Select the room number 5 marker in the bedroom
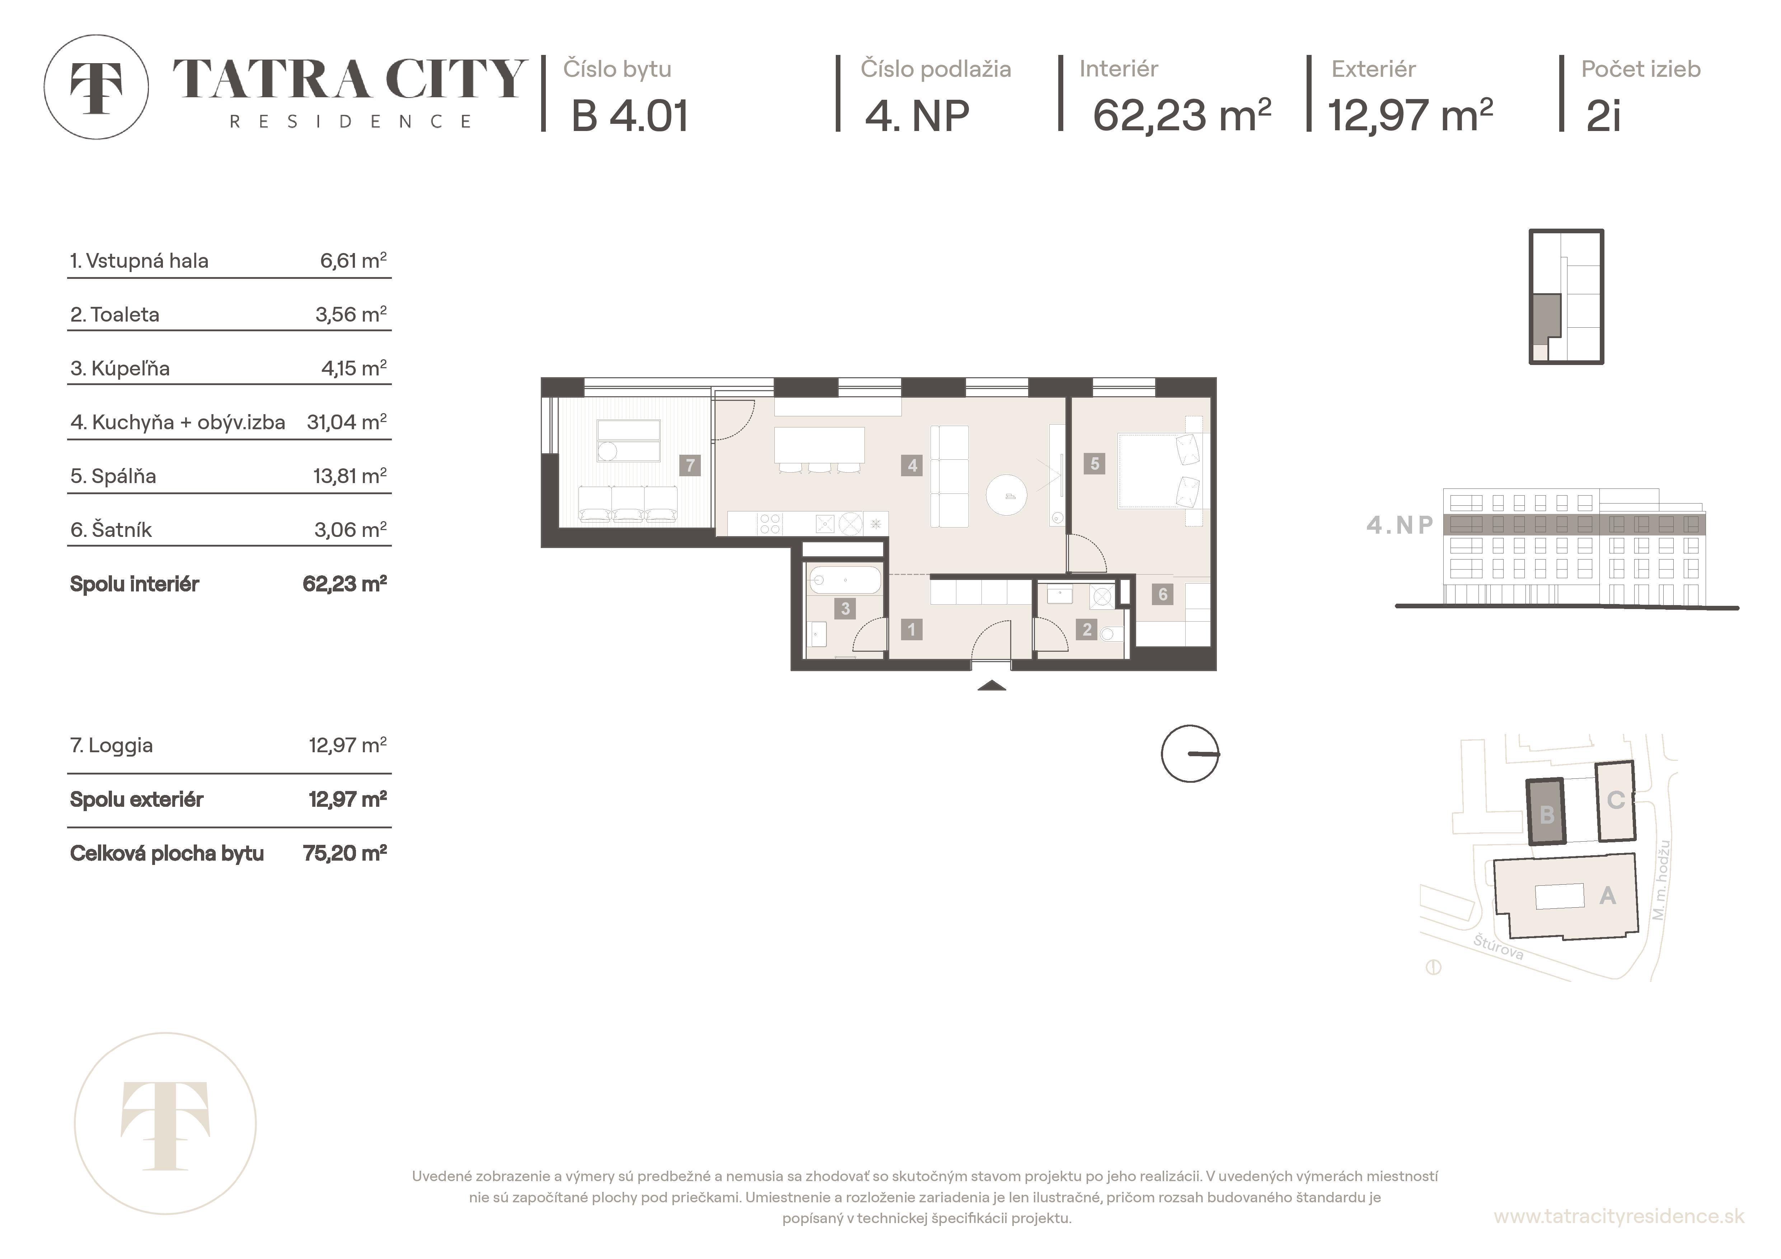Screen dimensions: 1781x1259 1095,464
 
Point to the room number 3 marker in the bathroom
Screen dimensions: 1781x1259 845,609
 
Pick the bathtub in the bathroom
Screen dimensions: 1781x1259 844,580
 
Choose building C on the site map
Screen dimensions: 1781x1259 1615,801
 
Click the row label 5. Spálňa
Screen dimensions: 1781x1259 113,476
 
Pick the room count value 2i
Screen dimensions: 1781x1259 1603,116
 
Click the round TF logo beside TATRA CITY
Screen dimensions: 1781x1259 96,87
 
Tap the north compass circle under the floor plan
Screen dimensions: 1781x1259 1190,753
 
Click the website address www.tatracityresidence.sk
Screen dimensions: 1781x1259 1619,1216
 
